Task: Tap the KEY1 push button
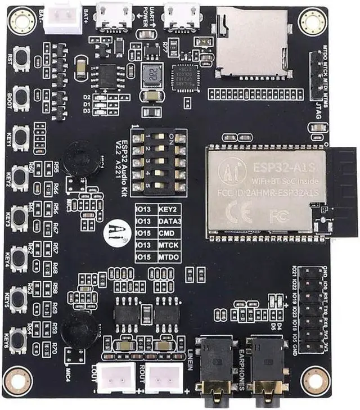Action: click(21, 137)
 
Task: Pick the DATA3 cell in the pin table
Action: click(170, 222)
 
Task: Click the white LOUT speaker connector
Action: click(116, 378)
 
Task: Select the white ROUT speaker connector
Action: click(164, 378)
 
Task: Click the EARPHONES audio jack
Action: click(268, 366)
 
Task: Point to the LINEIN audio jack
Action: click(214, 366)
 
